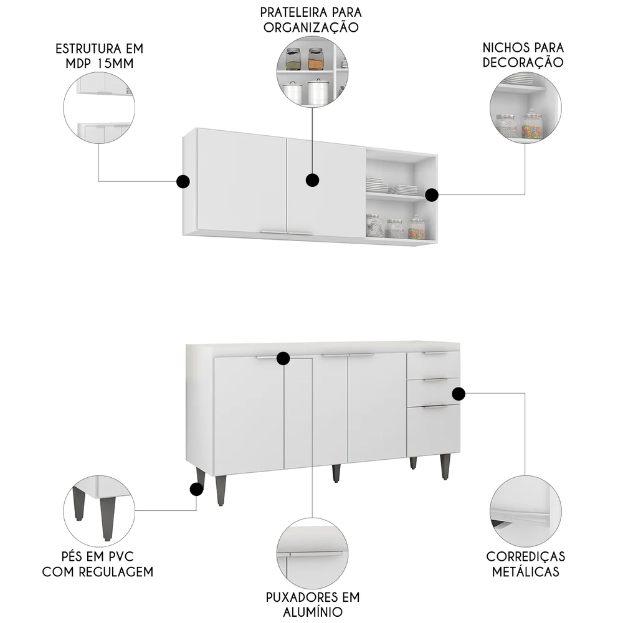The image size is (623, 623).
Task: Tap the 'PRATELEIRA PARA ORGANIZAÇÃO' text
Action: (x=311, y=20)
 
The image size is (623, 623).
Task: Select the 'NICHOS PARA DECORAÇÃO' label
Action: (x=523, y=55)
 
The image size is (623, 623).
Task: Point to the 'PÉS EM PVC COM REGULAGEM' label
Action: (x=98, y=564)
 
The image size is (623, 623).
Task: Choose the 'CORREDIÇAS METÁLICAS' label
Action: (x=526, y=564)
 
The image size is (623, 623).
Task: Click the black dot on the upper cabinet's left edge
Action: (x=183, y=181)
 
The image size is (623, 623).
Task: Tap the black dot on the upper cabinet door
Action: (x=312, y=180)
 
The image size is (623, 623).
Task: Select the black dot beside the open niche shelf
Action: (x=432, y=195)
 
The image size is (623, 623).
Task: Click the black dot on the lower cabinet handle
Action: (x=283, y=358)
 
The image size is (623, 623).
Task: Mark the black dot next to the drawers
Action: (x=459, y=394)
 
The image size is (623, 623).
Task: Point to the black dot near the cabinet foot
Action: (x=196, y=489)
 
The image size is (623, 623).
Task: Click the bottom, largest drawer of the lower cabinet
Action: (x=434, y=429)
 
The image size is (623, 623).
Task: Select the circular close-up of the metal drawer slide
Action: (x=525, y=511)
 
